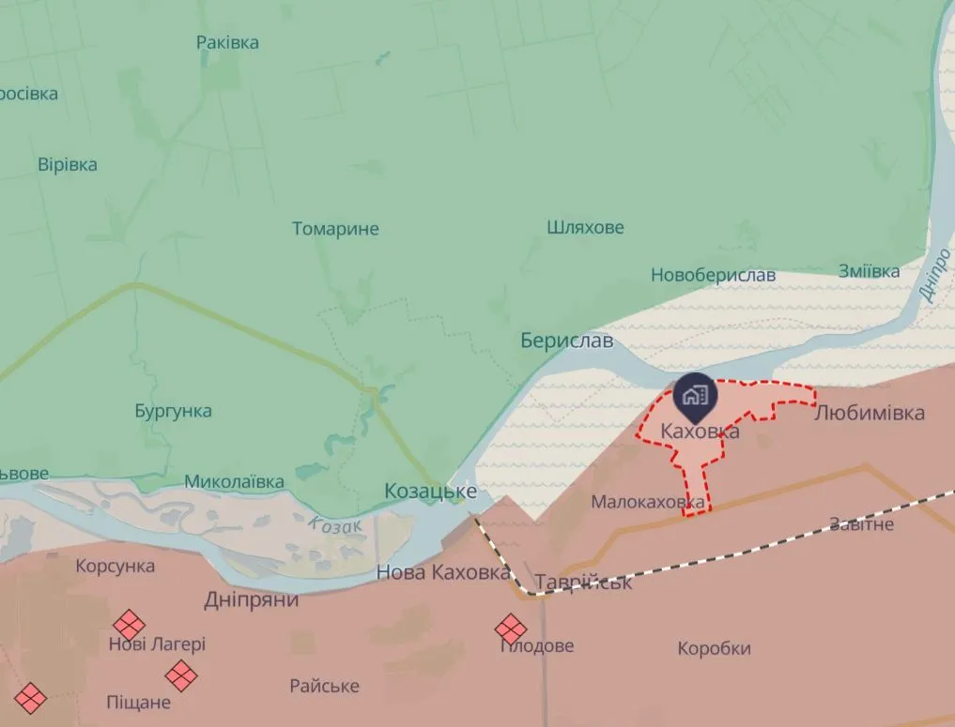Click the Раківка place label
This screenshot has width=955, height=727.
[227, 42]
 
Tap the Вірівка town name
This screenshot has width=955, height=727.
[68, 164]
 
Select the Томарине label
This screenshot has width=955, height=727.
[335, 229]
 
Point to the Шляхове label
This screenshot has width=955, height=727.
[585, 227]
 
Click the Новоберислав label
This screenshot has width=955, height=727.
[714, 275]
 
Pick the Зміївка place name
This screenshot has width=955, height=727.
[869, 271]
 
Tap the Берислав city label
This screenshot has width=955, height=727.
[567, 341]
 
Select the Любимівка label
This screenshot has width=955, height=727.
[869, 413]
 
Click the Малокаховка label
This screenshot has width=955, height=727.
[648, 503]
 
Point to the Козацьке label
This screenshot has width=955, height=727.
[431, 492]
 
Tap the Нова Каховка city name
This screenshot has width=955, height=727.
[443, 572]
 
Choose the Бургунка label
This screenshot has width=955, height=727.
[173, 411]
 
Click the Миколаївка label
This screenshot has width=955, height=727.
[234, 481]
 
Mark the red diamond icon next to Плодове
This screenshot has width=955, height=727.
[511, 629]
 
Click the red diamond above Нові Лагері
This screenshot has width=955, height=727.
[129, 625]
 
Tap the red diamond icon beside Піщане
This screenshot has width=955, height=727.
[181, 674]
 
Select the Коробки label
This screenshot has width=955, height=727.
[714, 648]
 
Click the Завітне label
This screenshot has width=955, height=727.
[861, 523]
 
